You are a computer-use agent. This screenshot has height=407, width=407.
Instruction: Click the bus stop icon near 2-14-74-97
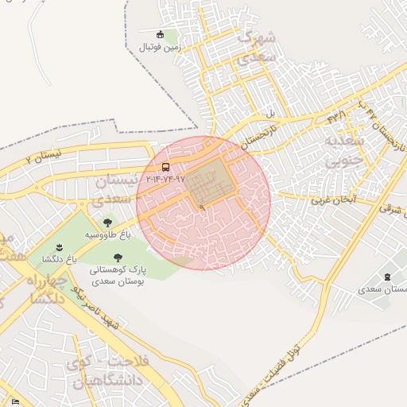coord(165,168)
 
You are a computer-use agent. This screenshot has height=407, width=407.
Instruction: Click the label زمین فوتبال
coord(161,47)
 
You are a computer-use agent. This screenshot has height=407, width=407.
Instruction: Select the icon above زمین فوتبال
coord(161,35)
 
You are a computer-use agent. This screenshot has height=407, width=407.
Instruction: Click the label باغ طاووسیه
coord(108,236)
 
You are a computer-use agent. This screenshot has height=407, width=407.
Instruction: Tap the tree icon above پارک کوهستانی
coord(118,258)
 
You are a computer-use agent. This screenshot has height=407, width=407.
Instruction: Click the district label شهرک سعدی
coord(258,48)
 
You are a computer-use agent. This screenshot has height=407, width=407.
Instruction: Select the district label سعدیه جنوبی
coord(343,152)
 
